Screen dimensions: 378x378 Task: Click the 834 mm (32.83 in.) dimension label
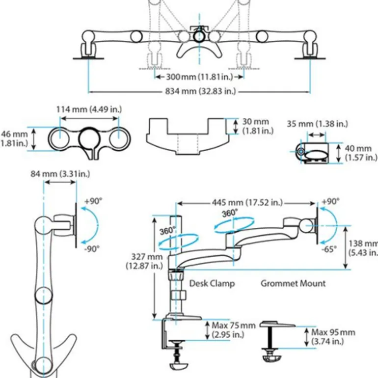click(201, 91)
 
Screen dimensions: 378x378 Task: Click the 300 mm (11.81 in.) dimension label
click(201, 77)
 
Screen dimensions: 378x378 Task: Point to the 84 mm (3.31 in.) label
click(60, 173)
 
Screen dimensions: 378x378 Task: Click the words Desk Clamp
click(212, 283)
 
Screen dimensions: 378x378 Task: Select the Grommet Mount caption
click(293, 283)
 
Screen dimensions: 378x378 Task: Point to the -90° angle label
click(91, 248)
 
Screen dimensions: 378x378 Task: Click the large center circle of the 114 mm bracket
click(89, 137)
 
